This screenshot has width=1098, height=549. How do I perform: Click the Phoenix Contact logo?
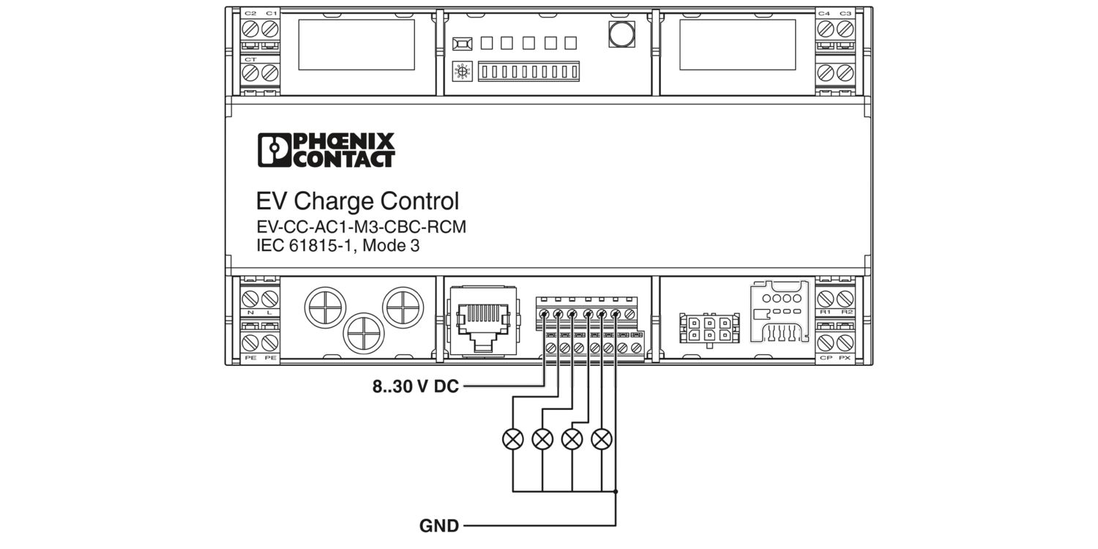click(326, 150)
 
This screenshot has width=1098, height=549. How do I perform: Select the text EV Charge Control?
click(357, 201)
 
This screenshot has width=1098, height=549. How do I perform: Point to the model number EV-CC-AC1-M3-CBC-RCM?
click(361, 228)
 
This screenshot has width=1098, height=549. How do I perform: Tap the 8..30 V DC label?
click(415, 386)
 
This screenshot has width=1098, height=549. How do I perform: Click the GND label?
click(439, 526)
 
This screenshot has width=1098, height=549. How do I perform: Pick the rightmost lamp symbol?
click(602, 439)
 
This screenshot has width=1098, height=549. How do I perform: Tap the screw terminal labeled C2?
click(251, 29)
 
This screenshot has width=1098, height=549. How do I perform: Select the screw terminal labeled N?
click(251, 299)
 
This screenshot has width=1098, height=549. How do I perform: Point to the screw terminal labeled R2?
click(846, 299)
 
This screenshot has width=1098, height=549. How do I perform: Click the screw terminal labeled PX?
click(846, 343)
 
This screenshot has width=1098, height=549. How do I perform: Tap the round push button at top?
click(621, 33)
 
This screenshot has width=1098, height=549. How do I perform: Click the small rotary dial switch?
click(461, 72)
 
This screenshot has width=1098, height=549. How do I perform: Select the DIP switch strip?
click(528, 72)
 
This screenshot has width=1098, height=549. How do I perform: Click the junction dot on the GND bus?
click(616, 491)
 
